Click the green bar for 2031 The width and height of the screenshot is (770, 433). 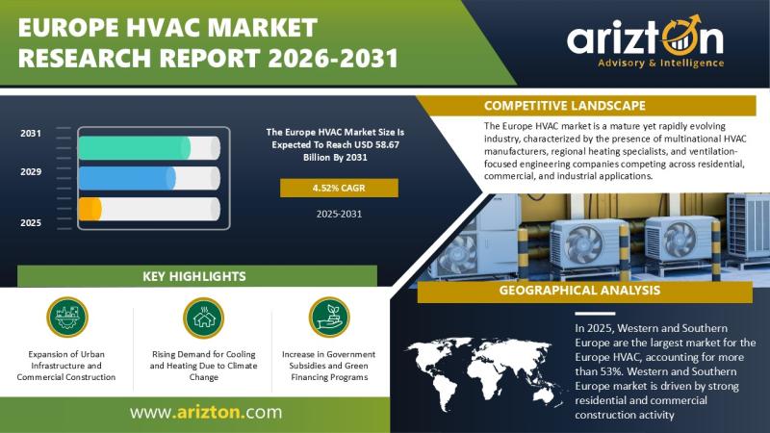pos(135,148)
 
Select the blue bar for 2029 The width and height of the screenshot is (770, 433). pos(127,178)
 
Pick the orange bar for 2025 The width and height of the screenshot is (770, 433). pos(90,209)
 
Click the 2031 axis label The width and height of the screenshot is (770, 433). pos(31,134)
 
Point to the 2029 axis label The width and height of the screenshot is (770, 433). pos(31,172)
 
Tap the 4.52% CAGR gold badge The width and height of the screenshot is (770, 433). pos(339,188)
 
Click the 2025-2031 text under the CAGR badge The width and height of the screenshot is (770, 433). pos(339,214)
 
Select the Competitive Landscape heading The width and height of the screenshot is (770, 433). pos(565,106)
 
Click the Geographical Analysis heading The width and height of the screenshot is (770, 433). pos(579,291)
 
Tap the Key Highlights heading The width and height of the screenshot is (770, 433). pos(194,276)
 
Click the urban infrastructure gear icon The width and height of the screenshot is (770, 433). pos(67,318)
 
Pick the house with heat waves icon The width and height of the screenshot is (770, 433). pos(203,318)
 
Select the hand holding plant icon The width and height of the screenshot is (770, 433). pos(329,318)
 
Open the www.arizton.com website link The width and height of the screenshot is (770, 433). pos(206,412)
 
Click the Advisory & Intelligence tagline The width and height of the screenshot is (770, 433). pos(661,63)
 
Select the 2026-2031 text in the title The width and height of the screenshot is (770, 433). pos(333,58)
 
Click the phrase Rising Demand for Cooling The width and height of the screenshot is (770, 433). pos(204,354)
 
